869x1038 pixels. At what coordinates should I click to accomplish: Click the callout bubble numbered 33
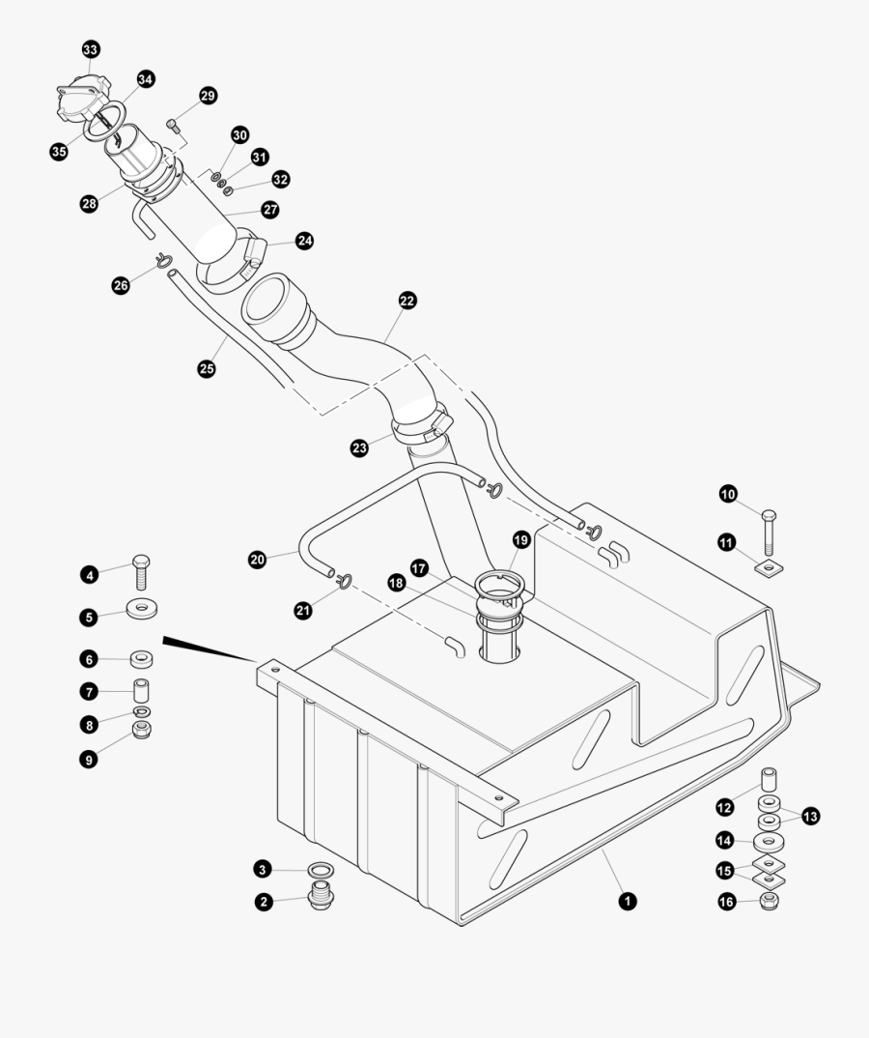(x=90, y=49)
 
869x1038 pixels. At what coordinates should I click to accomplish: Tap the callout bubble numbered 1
(x=627, y=901)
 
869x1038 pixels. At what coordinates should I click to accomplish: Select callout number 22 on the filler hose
(x=406, y=301)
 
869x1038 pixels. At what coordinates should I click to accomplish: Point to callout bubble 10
(x=728, y=494)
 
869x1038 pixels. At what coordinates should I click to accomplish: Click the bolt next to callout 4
(x=141, y=572)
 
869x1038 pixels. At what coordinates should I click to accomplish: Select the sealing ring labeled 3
(x=321, y=870)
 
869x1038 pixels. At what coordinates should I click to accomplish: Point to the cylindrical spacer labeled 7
(x=142, y=691)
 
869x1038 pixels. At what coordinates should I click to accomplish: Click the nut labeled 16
(x=769, y=902)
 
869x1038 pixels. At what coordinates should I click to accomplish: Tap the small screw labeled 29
(x=174, y=124)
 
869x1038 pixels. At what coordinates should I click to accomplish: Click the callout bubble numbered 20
(x=257, y=559)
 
